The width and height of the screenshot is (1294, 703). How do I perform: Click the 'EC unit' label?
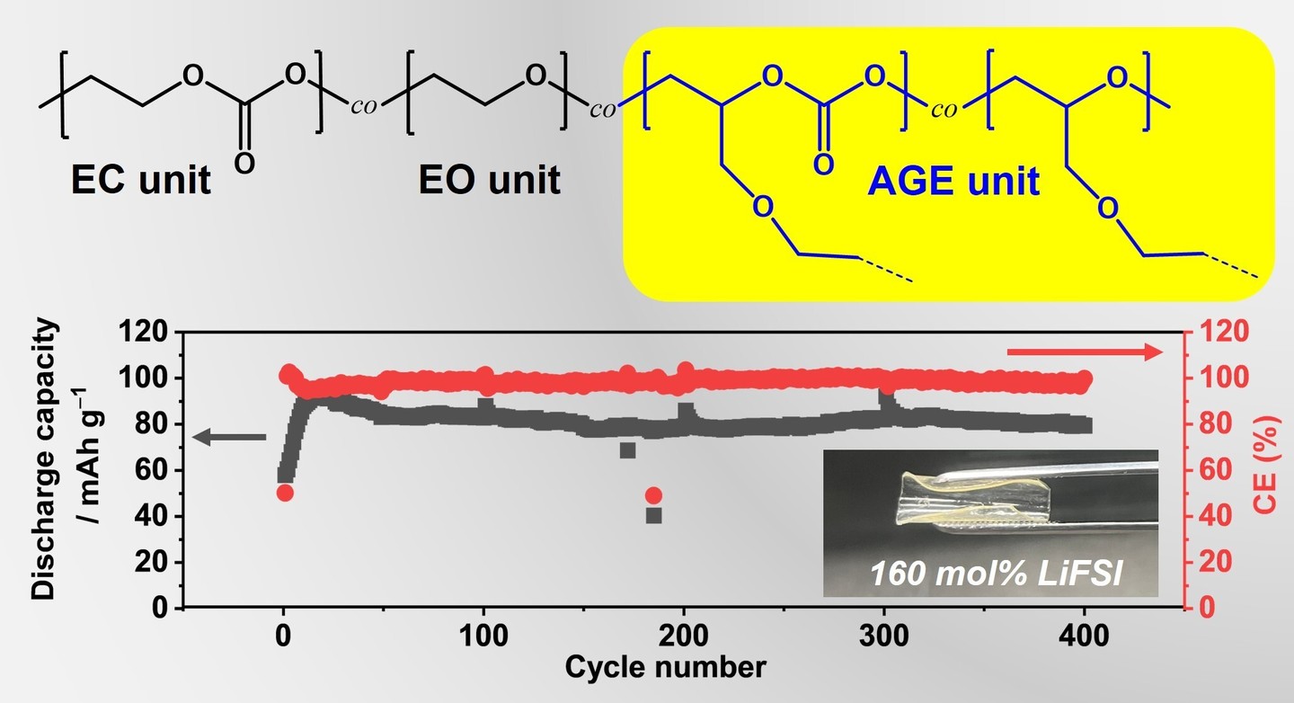[x=141, y=180]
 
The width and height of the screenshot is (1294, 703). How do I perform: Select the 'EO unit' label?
[x=489, y=180]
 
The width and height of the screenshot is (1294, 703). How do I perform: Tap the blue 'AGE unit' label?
[x=953, y=182]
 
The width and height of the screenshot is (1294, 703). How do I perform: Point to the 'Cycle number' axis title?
[x=665, y=667]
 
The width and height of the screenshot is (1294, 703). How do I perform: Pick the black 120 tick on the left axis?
[x=145, y=333]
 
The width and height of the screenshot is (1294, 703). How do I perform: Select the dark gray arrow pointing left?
[x=230, y=437]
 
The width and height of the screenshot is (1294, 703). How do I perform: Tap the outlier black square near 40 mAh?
[x=653, y=515]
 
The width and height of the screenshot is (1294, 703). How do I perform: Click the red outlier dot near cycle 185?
[x=653, y=495]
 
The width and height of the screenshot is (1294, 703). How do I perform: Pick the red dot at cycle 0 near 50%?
[x=285, y=493]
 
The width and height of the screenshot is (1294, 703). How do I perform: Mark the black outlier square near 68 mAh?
[x=627, y=450]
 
